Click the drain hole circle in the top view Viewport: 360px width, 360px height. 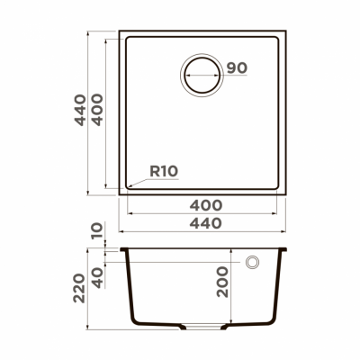[x=202, y=74]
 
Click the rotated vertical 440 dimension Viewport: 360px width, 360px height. [x=80, y=110]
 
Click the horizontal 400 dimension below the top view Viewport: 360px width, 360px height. [x=207, y=206]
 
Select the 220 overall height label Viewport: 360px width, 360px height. [x=80, y=287]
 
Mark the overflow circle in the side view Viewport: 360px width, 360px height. [x=255, y=262]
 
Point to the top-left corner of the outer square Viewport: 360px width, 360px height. [x=121, y=31]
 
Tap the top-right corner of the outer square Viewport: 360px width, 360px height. [x=288, y=31]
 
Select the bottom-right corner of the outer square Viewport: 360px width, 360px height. [x=288, y=195]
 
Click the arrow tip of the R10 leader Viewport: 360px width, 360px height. [x=129, y=187]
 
